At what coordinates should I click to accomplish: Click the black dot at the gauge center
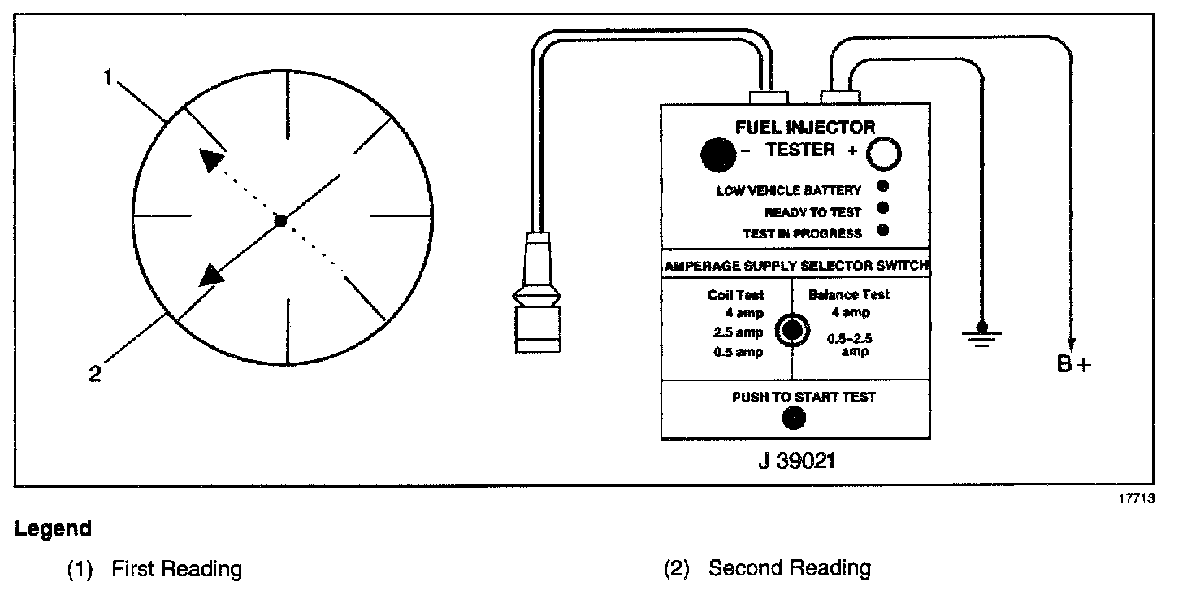point(280,220)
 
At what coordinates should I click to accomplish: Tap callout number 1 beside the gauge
point(108,78)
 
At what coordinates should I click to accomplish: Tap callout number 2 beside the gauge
point(95,376)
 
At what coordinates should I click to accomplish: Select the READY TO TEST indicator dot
point(883,209)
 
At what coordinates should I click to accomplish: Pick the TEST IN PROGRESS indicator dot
point(883,230)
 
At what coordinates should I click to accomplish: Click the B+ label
point(1074,365)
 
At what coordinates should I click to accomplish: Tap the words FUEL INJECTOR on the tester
point(804,128)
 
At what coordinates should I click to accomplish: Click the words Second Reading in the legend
point(789,568)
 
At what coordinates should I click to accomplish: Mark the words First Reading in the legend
point(176,569)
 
